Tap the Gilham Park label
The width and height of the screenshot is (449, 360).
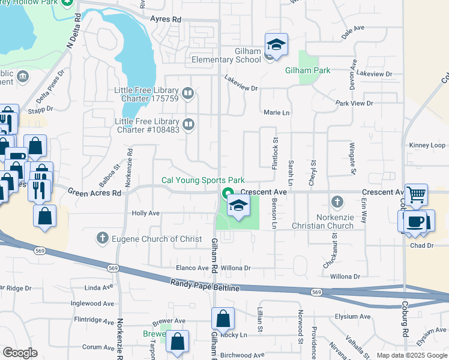point(307,70)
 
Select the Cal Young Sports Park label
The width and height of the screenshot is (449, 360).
point(203,180)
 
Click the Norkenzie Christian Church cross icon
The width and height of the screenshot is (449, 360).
point(337,201)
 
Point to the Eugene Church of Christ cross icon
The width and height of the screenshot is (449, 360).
point(103,238)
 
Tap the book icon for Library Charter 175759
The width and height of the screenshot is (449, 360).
point(188,94)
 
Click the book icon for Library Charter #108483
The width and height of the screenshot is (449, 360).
point(188,124)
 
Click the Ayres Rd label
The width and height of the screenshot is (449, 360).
point(166,19)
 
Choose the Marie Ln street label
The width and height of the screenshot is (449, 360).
point(276,112)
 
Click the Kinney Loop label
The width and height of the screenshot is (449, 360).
point(427,145)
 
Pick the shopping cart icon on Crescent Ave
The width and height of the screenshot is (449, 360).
point(416,194)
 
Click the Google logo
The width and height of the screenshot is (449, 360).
point(20,352)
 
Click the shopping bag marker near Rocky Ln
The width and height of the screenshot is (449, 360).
point(223,318)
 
